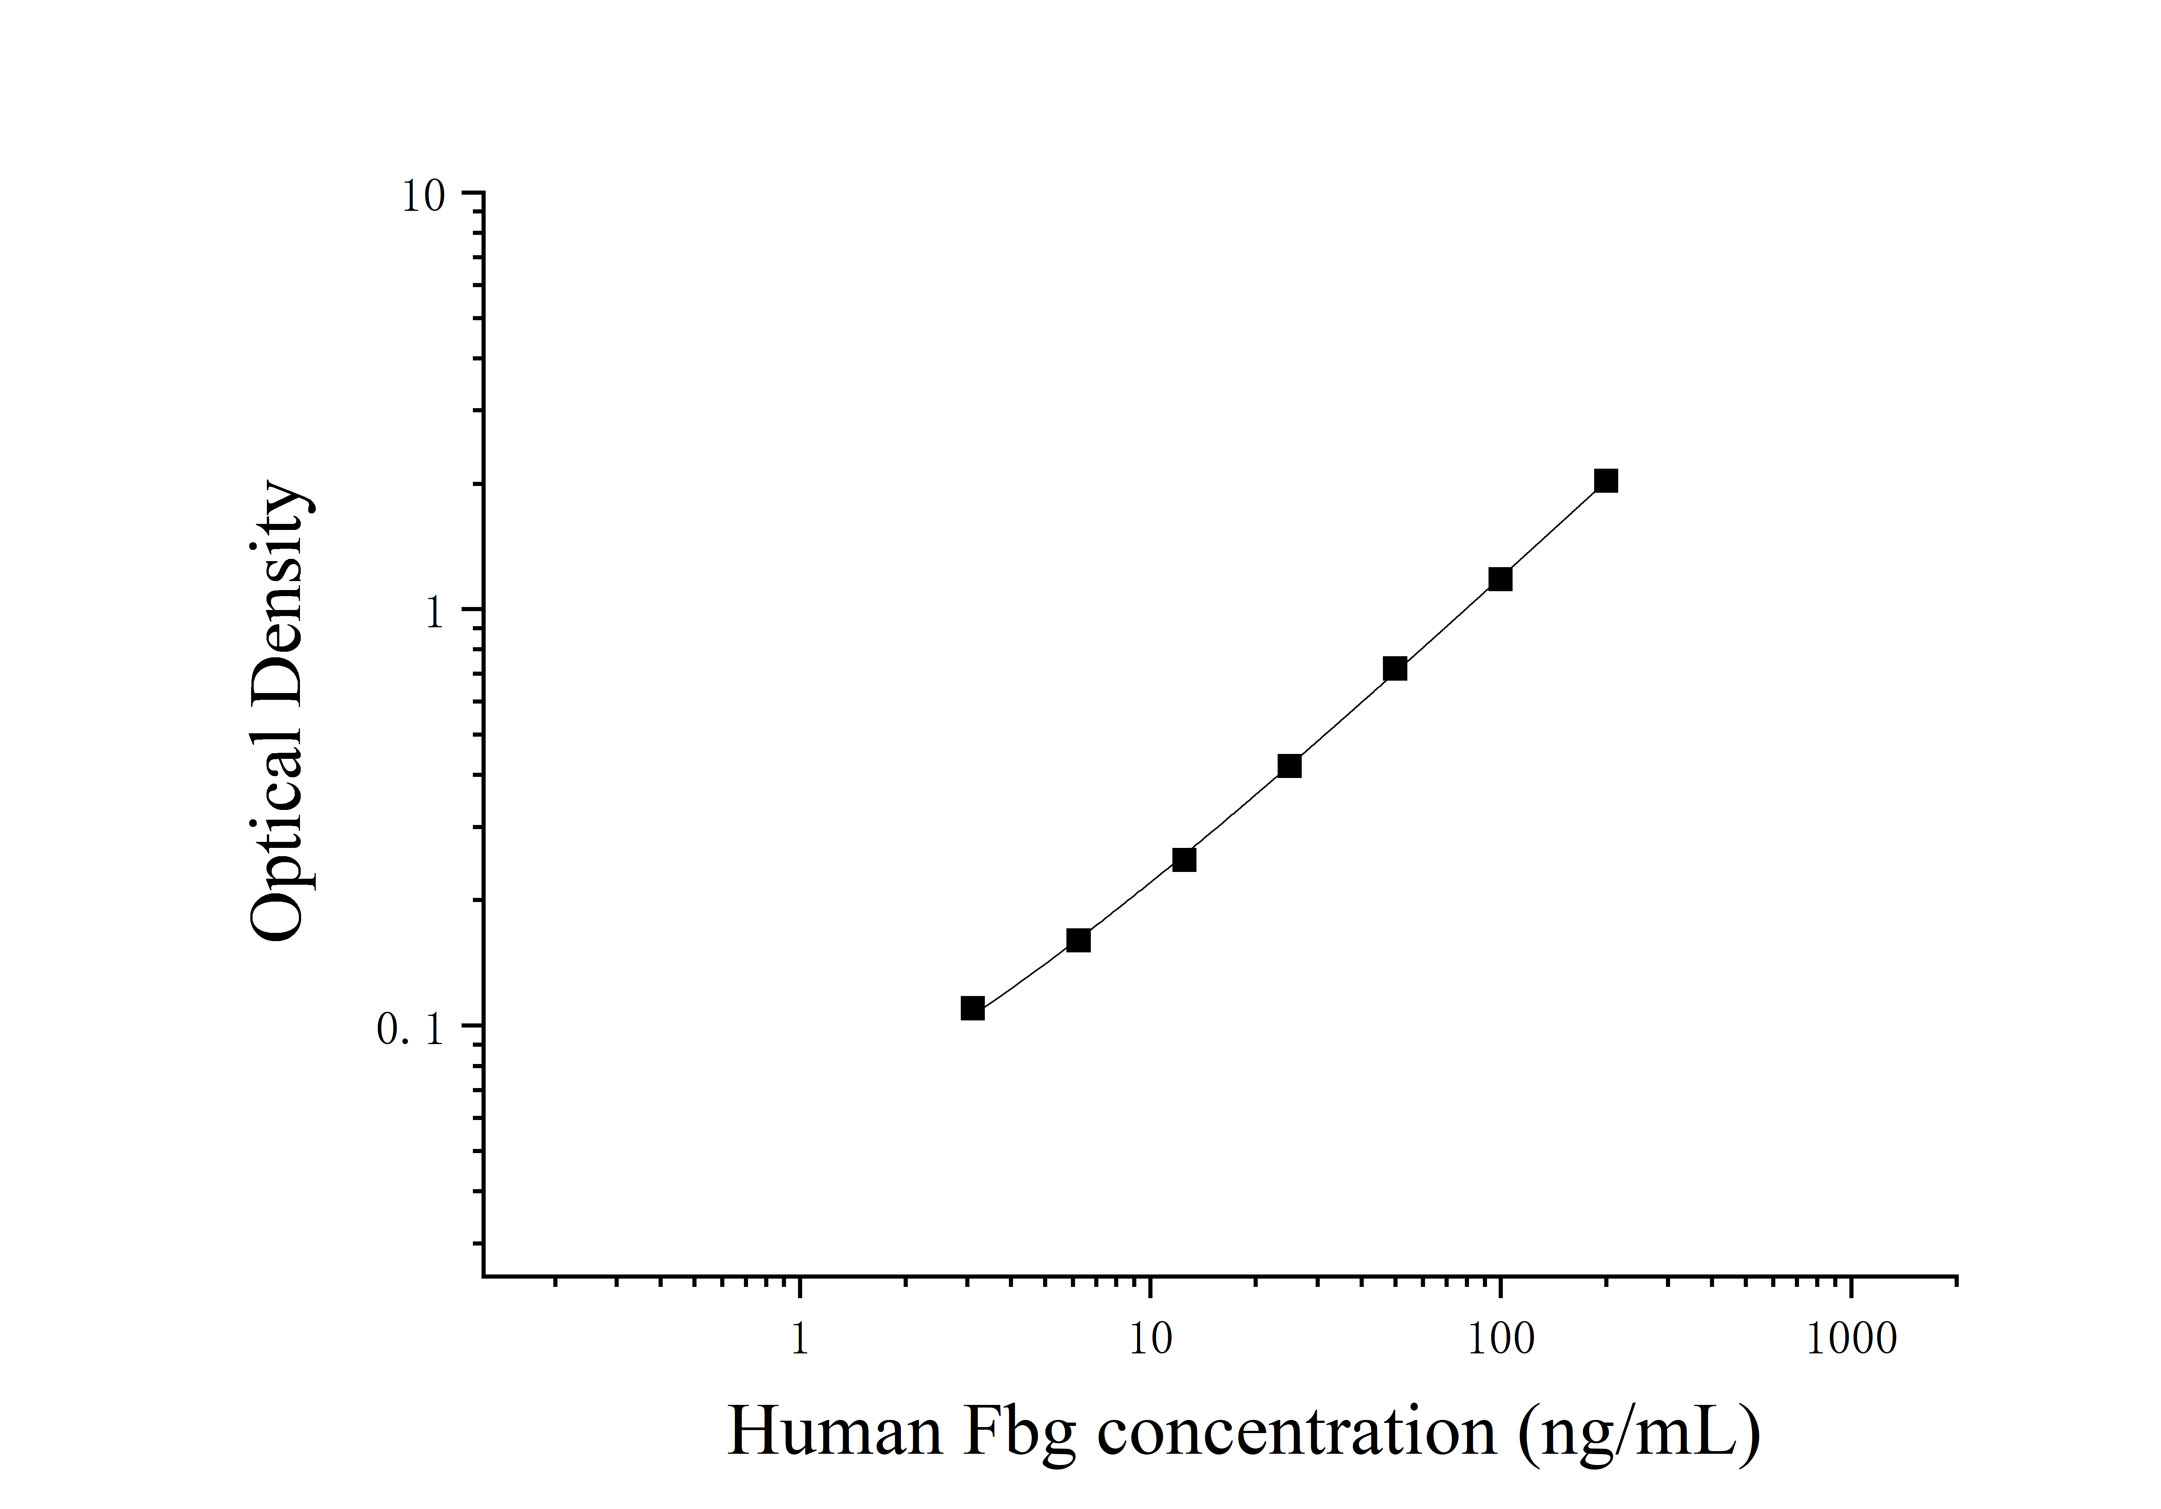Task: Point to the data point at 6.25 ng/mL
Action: coord(1078,940)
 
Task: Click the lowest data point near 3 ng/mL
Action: coord(973,1008)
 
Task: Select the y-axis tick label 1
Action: coord(434,614)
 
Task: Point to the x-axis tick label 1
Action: coord(799,1339)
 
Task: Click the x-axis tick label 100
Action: coord(1500,1339)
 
